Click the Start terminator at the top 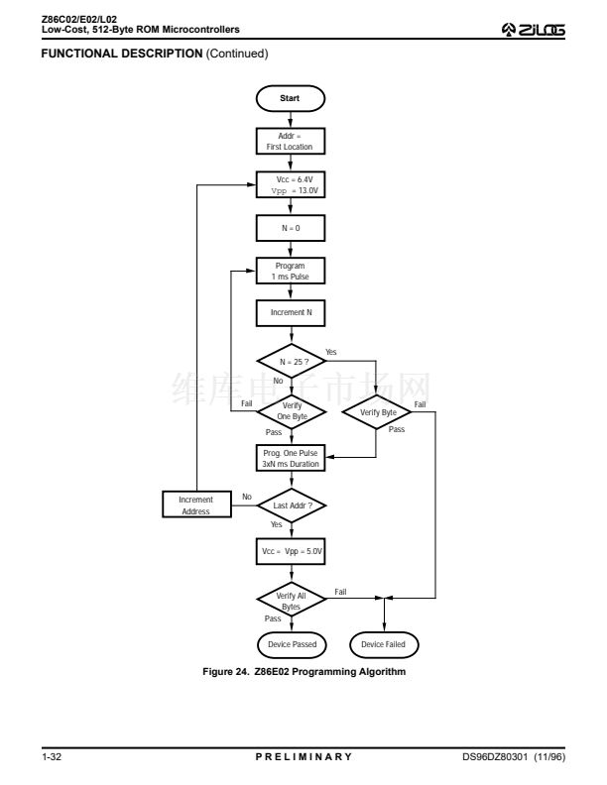(x=290, y=99)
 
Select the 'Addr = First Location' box (x=291, y=141)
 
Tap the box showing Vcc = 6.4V (x=291, y=184)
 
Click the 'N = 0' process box (x=291, y=228)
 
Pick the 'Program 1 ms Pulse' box (x=291, y=271)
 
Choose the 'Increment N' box (x=291, y=313)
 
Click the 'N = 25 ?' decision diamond (x=292, y=361)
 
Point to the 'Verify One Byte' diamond (x=292, y=411)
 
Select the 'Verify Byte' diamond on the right (x=377, y=412)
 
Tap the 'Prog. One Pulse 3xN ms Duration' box (x=291, y=458)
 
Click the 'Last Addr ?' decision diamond (x=292, y=505)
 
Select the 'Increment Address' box (x=196, y=505)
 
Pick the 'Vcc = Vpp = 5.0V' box (x=291, y=552)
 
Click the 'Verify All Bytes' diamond (x=292, y=599)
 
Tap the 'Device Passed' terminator (x=292, y=645)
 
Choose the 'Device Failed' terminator (x=384, y=645)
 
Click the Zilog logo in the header (x=534, y=30)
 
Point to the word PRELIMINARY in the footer (x=304, y=756)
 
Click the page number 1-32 (x=52, y=756)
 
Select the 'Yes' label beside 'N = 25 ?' (x=331, y=352)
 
